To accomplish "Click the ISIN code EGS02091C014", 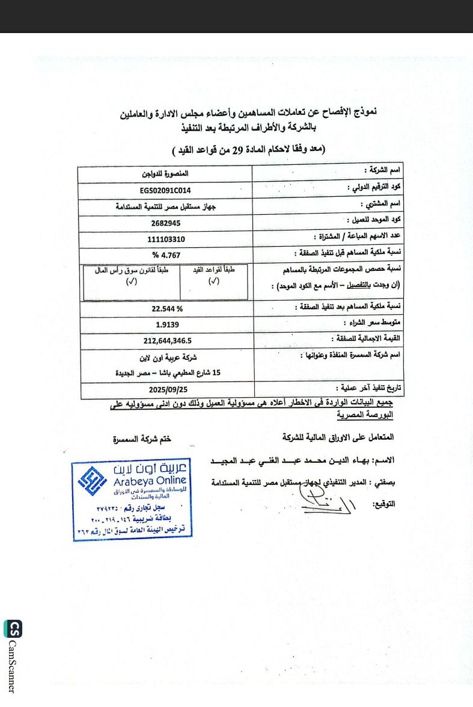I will pos(165,190).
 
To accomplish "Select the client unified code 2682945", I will pos(165,223).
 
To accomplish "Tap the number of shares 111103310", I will pos(166,239).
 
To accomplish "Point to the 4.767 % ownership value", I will pos(166,255).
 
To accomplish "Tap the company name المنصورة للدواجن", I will pos(165,174).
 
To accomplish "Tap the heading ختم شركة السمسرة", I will pos(142,439).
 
